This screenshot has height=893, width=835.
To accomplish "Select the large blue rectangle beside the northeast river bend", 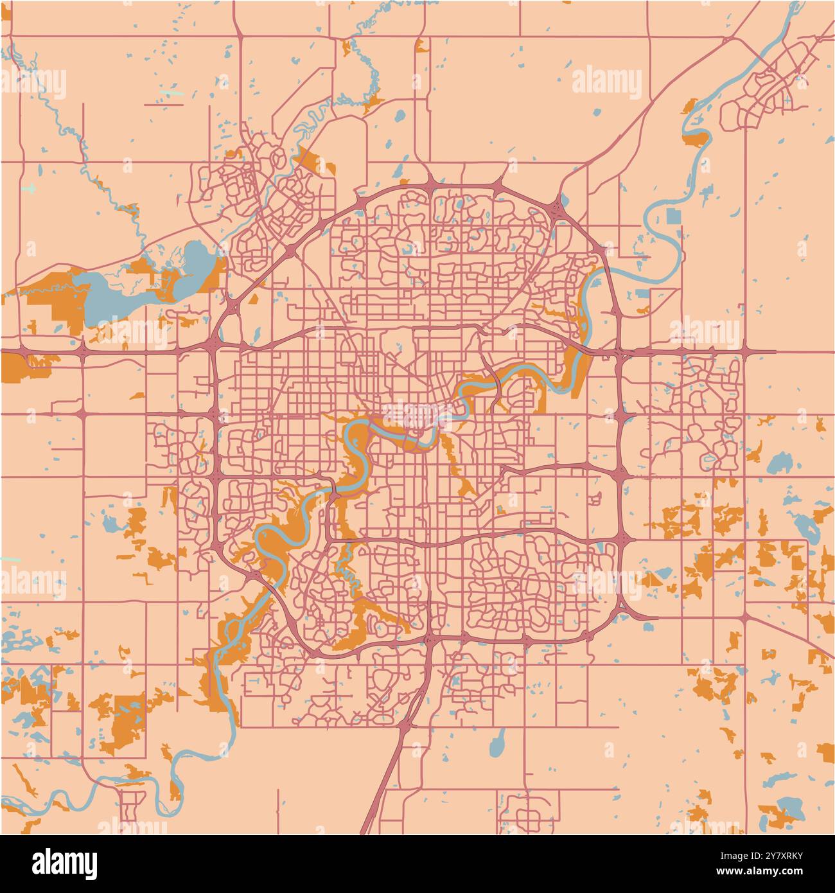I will [x=673, y=215].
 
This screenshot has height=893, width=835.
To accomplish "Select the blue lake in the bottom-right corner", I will [x=786, y=806].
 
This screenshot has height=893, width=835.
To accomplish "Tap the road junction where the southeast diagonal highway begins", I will [x=743, y=619].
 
